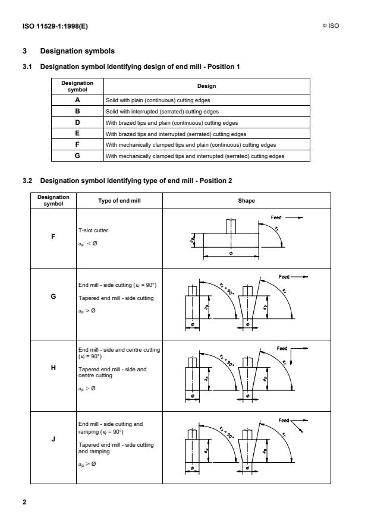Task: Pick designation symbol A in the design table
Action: (77, 100)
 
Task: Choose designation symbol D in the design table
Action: (77, 122)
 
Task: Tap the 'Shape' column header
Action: (247, 201)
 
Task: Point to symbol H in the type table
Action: (54, 367)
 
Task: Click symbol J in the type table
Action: (54, 441)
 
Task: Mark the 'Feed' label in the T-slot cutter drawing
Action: (276, 217)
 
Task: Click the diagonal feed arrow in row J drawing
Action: (303, 425)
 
